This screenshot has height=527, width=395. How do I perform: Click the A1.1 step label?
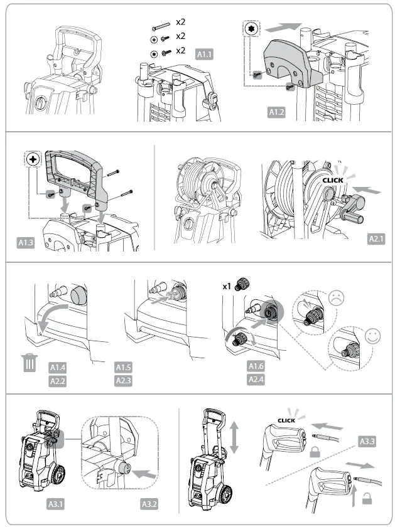(x=205, y=54)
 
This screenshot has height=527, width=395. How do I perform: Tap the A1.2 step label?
(x=277, y=112)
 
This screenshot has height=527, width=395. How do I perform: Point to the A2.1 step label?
(x=377, y=239)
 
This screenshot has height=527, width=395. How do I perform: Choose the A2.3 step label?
(x=124, y=380)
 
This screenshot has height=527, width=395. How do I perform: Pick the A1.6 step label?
(x=256, y=366)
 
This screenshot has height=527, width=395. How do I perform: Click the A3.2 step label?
(x=150, y=503)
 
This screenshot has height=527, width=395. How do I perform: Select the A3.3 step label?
(x=367, y=441)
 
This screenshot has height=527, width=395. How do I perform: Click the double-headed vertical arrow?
(x=234, y=437)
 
